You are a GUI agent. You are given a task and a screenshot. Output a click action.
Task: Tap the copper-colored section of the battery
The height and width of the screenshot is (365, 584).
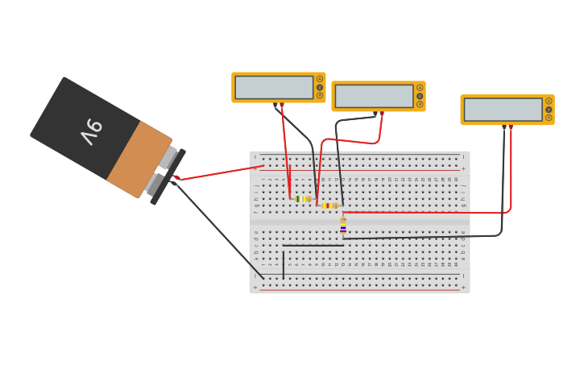pyautogui.click(x=139, y=158)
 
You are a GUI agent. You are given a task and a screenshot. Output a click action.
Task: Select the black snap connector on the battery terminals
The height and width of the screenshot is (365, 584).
pyautogui.click(x=168, y=175)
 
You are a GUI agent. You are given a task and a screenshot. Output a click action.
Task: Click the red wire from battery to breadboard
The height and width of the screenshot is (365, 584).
pyautogui.click(x=222, y=172)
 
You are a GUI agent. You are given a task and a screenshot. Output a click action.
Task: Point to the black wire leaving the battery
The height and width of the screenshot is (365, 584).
pyautogui.click(x=217, y=230)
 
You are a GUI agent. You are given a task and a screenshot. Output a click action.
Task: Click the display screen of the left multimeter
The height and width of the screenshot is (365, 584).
pyautogui.click(x=274, y=87)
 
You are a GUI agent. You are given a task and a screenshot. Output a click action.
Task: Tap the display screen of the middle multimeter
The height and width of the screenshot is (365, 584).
pyautogui.click(x=374, y=96)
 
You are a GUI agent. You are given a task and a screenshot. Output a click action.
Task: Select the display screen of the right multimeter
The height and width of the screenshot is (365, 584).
pyautogui.click(x=503, y=110)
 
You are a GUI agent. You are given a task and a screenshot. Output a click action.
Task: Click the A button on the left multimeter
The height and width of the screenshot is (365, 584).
pyautogui.click(x=320, y=79)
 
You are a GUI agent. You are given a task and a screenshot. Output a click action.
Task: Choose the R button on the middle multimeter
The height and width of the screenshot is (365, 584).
pyautogui.click(x=420, y=104)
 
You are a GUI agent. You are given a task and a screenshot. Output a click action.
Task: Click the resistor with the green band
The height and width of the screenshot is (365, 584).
pyautogui.click(x=303, y=199)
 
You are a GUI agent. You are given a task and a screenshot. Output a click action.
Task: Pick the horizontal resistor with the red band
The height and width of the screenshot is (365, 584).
pyautogui.click(x=329, y=205)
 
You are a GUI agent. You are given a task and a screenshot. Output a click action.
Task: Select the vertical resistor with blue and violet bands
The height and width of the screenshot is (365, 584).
pyautogui.click(x=343, y=226)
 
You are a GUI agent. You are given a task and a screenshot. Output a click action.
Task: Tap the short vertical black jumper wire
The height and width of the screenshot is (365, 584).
pyautogui.click(x=283, y=264)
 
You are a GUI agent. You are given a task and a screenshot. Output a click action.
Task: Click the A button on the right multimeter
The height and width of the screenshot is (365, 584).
pyautogui.click(x=549, y=102)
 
